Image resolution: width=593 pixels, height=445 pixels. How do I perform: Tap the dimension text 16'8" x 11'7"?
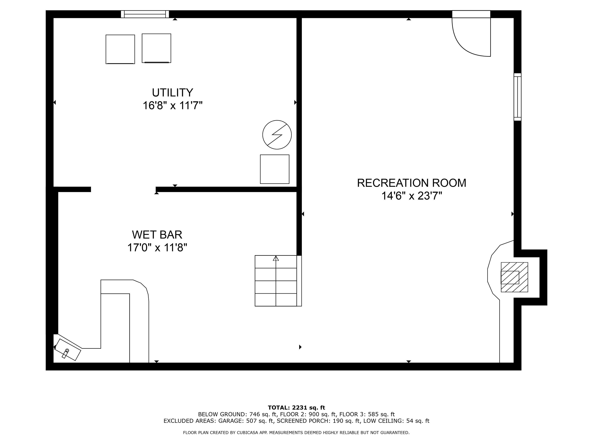[x=172, y=105]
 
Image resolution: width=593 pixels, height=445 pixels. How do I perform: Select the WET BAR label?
[x=157, y=235]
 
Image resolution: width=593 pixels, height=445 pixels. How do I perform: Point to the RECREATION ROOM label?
[x=412, y=183]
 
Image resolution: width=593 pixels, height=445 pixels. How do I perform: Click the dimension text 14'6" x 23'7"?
[x=412, y=196]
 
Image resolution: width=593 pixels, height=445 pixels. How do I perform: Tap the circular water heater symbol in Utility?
[x=277, y=135]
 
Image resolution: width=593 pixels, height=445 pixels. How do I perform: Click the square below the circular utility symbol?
[x=274, y=169]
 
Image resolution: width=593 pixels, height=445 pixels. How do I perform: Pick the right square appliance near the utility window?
[x=156, y=48]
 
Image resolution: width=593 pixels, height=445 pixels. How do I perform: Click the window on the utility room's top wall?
[x=145, y=14]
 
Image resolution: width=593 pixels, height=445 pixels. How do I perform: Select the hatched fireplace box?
[x=514, y=277]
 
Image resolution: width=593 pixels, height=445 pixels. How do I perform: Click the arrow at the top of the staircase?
[x=276, y=259]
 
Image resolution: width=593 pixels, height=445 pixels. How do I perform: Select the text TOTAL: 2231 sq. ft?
[x=296, y=408]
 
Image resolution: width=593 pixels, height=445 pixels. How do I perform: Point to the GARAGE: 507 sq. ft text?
[x=246, y=421]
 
